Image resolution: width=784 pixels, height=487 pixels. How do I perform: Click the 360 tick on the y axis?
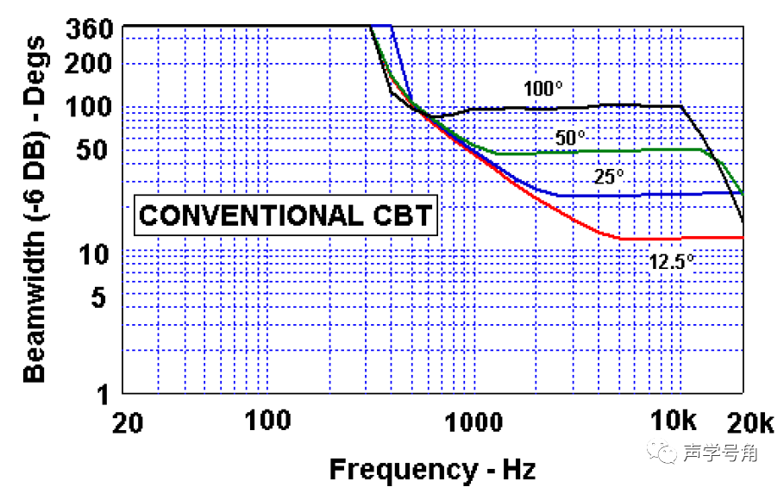click(88, 29)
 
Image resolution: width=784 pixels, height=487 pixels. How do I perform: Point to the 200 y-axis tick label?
click(88, 64)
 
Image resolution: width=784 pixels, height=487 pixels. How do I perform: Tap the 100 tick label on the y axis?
click(88, 108)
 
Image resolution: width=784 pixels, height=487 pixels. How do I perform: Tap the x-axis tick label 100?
click(267, 422)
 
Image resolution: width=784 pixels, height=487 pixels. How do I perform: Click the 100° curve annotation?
click(543, 89)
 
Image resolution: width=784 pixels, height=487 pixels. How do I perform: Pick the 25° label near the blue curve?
click(608, 178)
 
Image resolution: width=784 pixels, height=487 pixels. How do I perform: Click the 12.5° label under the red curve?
click(671, 262)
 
